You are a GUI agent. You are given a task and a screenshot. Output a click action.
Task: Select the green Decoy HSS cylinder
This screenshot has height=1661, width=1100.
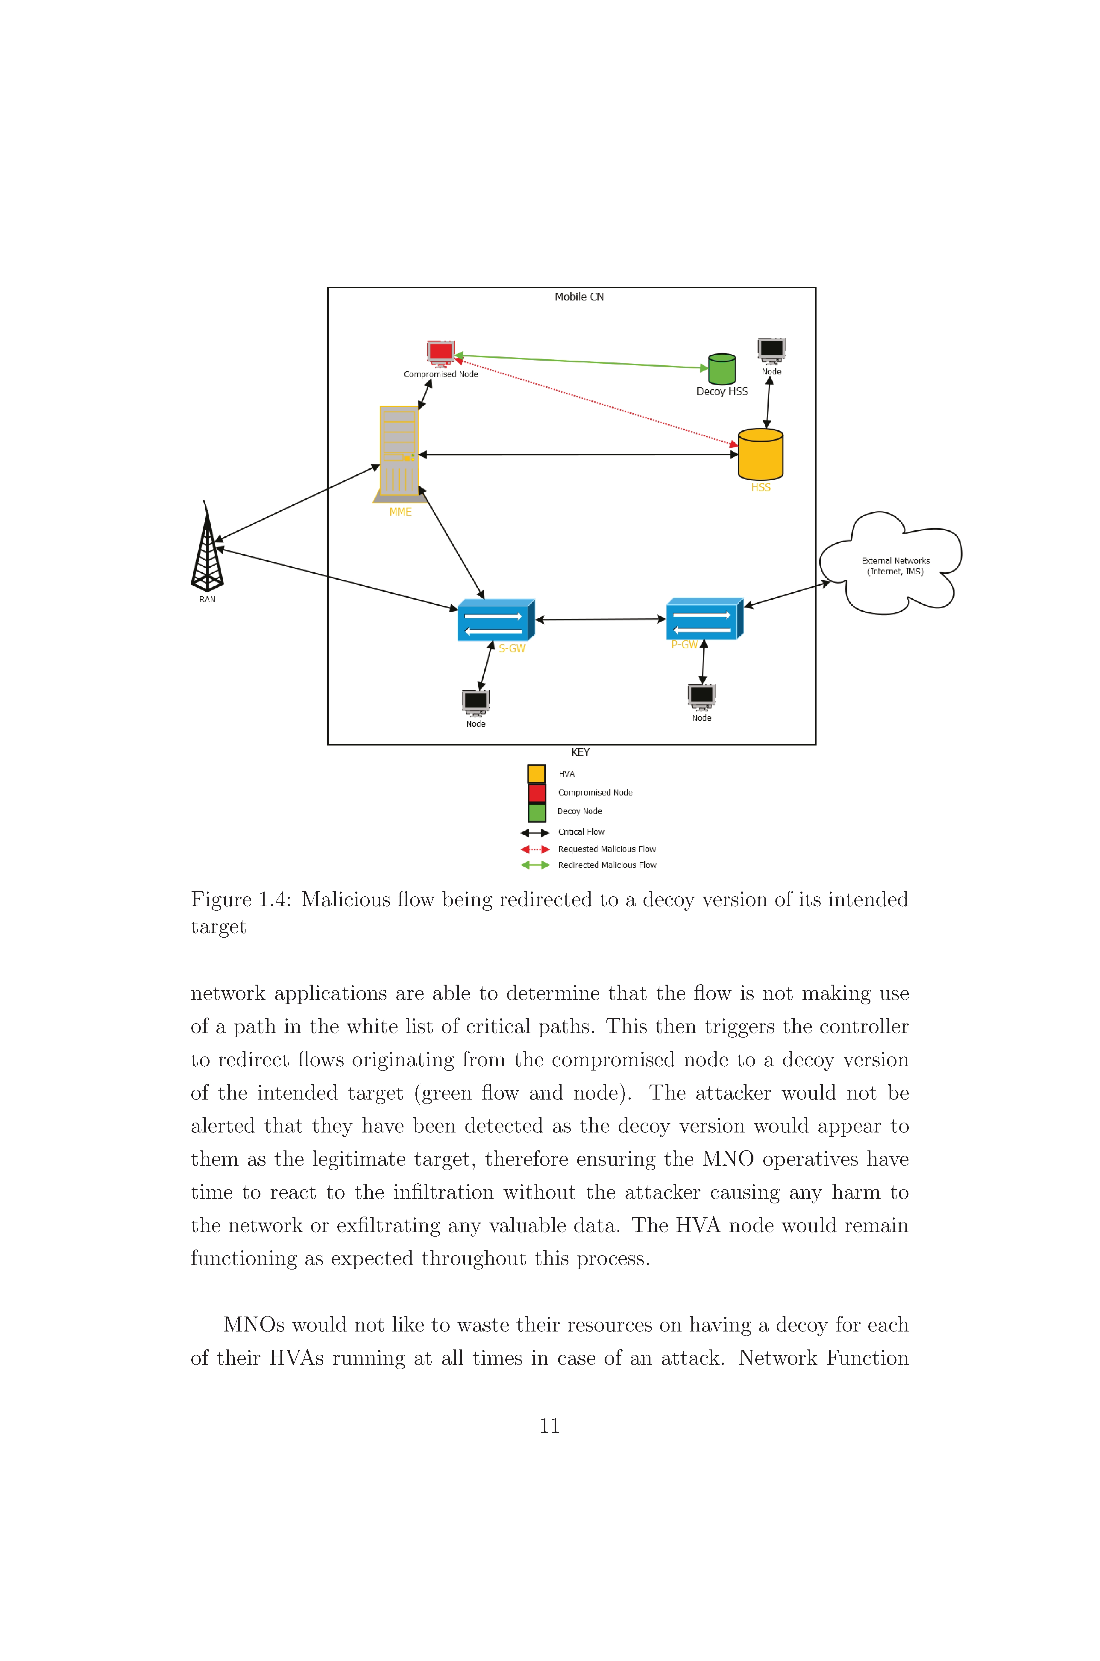click(x=722, y=368)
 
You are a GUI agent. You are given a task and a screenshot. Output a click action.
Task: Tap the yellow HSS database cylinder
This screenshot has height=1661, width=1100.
click(x=761, y=455)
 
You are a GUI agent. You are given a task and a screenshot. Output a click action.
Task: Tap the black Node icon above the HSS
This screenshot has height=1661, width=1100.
click(x=772, y=351)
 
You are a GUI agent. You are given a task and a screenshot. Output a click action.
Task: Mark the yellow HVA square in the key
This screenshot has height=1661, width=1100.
click(x=537, y=774)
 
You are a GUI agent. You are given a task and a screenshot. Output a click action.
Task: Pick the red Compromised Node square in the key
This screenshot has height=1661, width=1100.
click(x=537, y=792)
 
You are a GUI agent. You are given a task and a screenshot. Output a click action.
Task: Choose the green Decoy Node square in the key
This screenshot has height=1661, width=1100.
click(x=537, y=812)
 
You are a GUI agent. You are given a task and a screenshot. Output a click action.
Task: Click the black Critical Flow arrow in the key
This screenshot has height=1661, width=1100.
click(x=535, y=833)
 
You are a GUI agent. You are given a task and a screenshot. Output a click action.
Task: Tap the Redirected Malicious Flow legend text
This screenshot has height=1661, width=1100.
click(x=607, y=865)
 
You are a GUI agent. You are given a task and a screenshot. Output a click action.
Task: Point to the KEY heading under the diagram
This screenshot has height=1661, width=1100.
click(x=580, y=753)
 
